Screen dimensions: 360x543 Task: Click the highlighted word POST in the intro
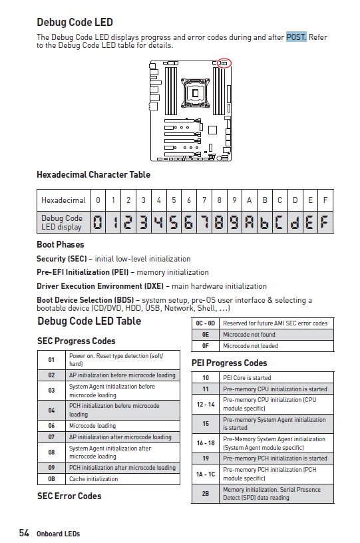296,37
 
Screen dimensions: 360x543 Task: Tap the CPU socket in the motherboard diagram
196,92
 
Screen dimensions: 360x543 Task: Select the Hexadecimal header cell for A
250,200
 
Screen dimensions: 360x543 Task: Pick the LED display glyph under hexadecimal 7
204,222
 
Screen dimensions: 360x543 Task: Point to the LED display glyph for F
325,222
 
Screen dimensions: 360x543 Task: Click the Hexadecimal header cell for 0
98,200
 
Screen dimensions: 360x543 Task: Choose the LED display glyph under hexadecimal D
295,222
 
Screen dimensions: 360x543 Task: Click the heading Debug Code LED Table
89,321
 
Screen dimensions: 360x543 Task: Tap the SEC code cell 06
51,426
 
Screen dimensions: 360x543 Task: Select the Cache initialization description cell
122,479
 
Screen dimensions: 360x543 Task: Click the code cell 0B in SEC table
51,479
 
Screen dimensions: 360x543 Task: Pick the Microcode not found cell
277,335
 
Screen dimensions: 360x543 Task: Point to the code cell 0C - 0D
205,323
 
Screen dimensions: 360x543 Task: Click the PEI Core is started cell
277,377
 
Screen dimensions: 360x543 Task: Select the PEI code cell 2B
205,494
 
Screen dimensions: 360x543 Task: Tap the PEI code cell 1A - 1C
205,474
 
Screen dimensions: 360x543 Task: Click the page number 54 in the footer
24,532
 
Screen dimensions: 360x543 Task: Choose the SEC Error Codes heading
69,496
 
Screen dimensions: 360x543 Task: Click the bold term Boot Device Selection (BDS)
85,300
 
